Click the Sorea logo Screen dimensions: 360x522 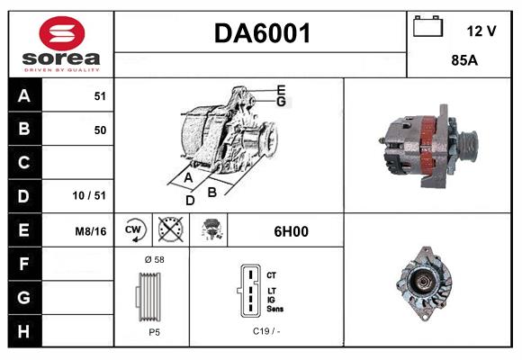[x=60, y=44]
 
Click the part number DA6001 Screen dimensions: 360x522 [x=261, y=34]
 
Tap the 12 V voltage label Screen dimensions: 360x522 [x=481, y=31]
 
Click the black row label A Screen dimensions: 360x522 [x=23, y=95]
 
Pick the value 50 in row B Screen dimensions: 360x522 [x=99, y=130]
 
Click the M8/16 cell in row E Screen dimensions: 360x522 [x=91, y=231]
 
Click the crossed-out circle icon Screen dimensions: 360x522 [x=169, y=231]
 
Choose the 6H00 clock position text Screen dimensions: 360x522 [x=291, y=231]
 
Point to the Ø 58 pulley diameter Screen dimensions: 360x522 [x=153, y=259]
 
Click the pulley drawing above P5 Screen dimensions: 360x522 [x=152, y=296]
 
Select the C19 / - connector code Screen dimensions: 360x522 [x=267, y=332]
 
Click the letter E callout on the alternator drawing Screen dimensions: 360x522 [x=281, y=89]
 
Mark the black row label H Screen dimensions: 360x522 [x=23, y=330]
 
